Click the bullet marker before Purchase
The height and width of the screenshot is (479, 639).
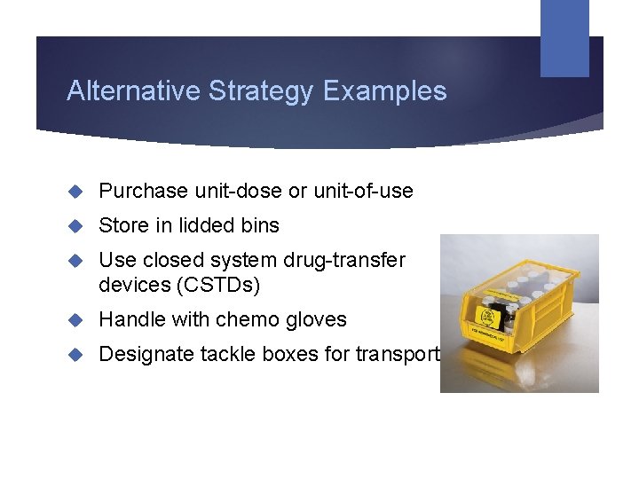tap(76, 191)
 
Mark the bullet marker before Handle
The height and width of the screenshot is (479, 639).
tap(76, 319)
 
